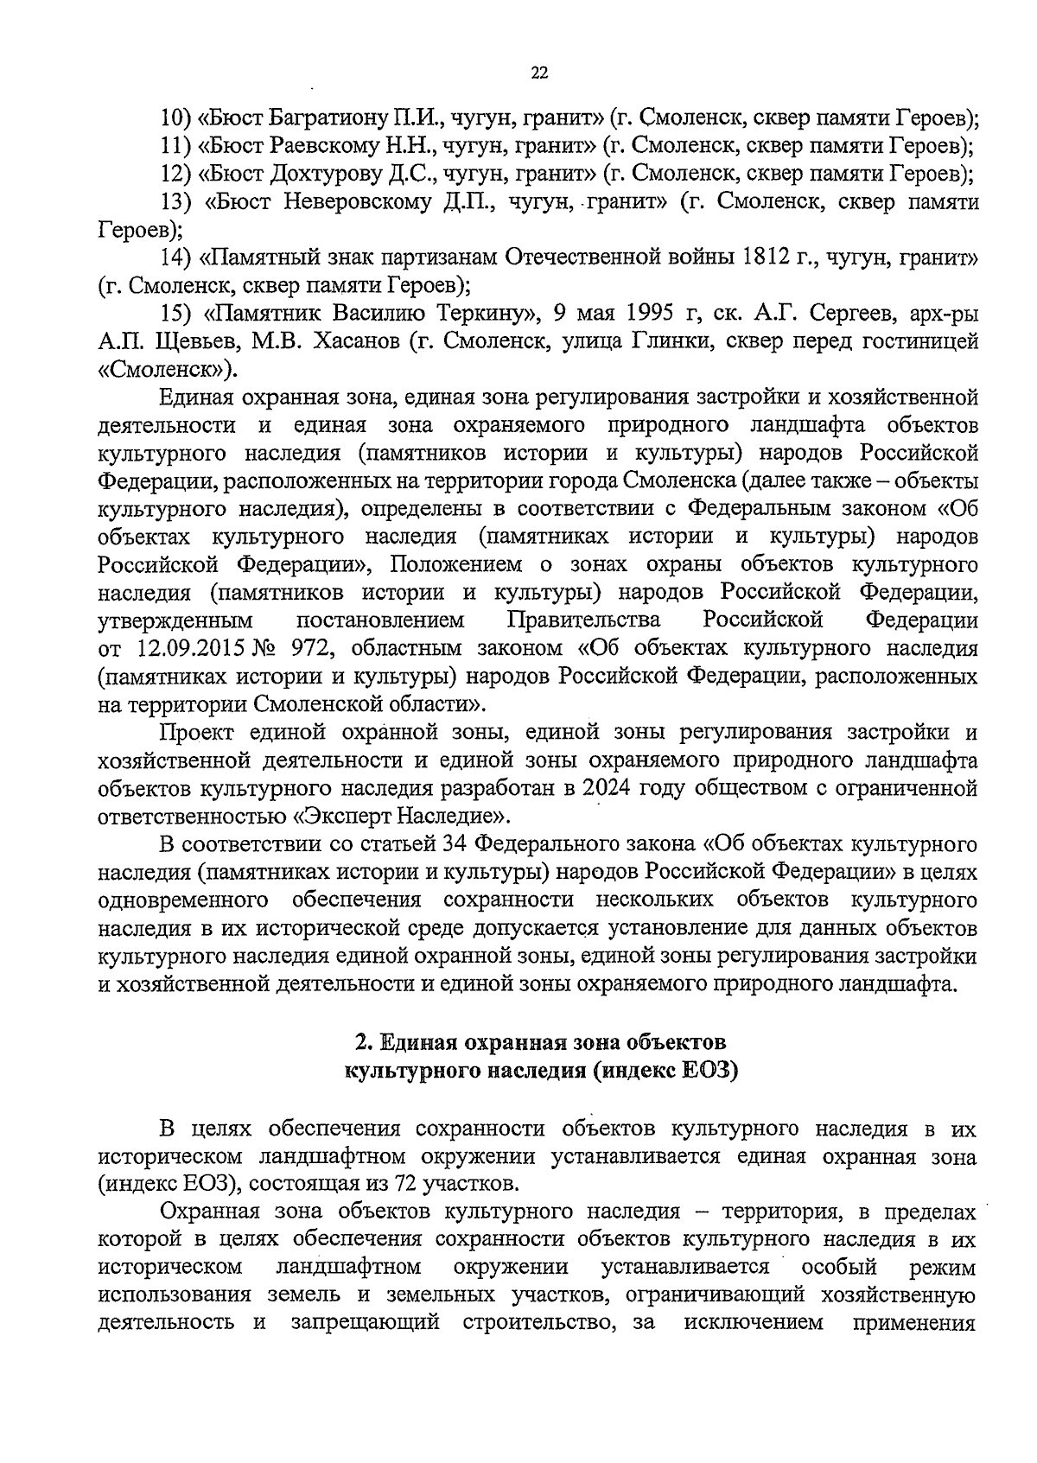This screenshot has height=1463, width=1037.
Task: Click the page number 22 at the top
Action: pos(538,74)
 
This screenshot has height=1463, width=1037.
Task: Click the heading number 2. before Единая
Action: pos(364,1041)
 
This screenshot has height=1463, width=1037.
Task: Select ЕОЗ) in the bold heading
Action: pos(709,1071)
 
